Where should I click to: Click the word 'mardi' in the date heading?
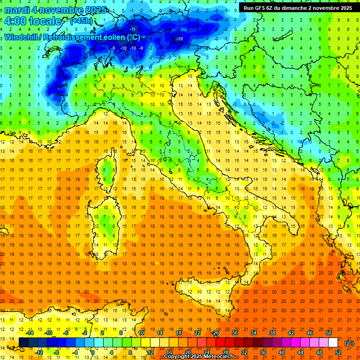tap(17, 10)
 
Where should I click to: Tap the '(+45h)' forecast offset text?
tap(81, 21)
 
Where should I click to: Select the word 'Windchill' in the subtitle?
tap(21, 37)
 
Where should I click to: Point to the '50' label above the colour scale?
tap(329, 333)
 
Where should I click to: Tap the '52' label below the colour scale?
tap(338, 352)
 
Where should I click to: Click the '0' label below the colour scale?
tap(93, 352)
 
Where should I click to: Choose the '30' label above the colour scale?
tap(235, 333)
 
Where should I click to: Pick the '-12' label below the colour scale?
tap(39, 352)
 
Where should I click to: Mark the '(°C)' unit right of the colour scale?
tap(349, 343)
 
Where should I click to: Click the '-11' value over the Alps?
tap(132, 30)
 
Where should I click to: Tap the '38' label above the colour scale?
tap(272, 333)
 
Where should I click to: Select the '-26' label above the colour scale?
tap(216, 333)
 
